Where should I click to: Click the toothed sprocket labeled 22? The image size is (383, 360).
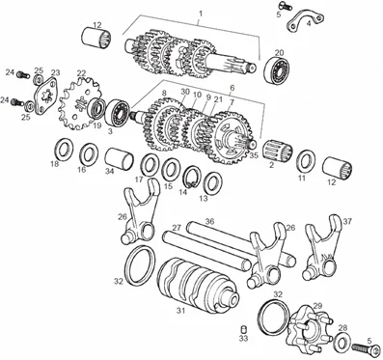pyautogui.click(x=80, y=103)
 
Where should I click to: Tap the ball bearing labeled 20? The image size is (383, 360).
pyautogui.click(x=277, y=70)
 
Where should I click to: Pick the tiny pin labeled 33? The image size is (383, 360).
pyautogui.click(x=244, y=330)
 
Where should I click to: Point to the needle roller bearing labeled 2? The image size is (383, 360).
pyautogui.click(x=278, y=150)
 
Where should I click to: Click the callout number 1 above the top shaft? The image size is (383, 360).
pyautogui.click(x=201, y=14)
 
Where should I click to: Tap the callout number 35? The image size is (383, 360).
pyautogui.click(x=254, y=155)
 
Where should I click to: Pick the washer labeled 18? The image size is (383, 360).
pyautogui.click(x=64, y=150)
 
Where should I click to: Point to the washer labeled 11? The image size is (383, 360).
pyautogui.click(x=306, y=161)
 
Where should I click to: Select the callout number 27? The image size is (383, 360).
pyautogui.click(x=177, y=228)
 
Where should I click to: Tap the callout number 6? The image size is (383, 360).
pyautogui.click(x=233, y=88)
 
